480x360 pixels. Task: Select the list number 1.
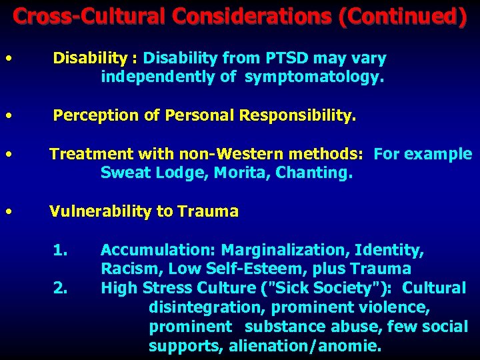coord(60,251)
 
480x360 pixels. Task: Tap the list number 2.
coord(60,289)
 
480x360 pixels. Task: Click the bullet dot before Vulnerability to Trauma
coord(7,211)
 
